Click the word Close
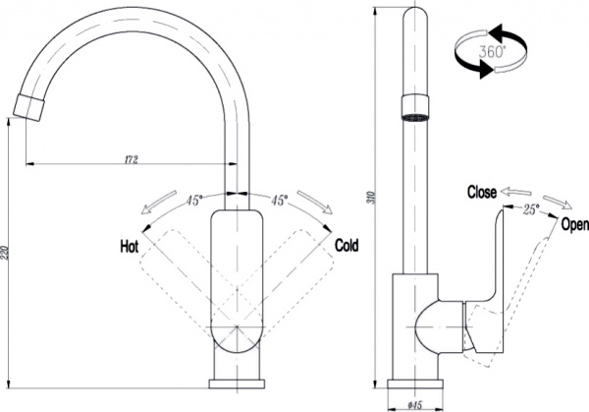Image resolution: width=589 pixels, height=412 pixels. tap(482, 192)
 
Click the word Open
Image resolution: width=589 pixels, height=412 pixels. tap(573, 225)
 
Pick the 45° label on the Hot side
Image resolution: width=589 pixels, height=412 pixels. tap(194, 201)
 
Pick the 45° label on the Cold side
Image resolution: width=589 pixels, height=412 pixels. tap(280, 201)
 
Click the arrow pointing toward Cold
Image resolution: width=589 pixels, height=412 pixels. tap(316, 205)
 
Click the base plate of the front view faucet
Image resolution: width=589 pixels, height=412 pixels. tap(239, 383)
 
